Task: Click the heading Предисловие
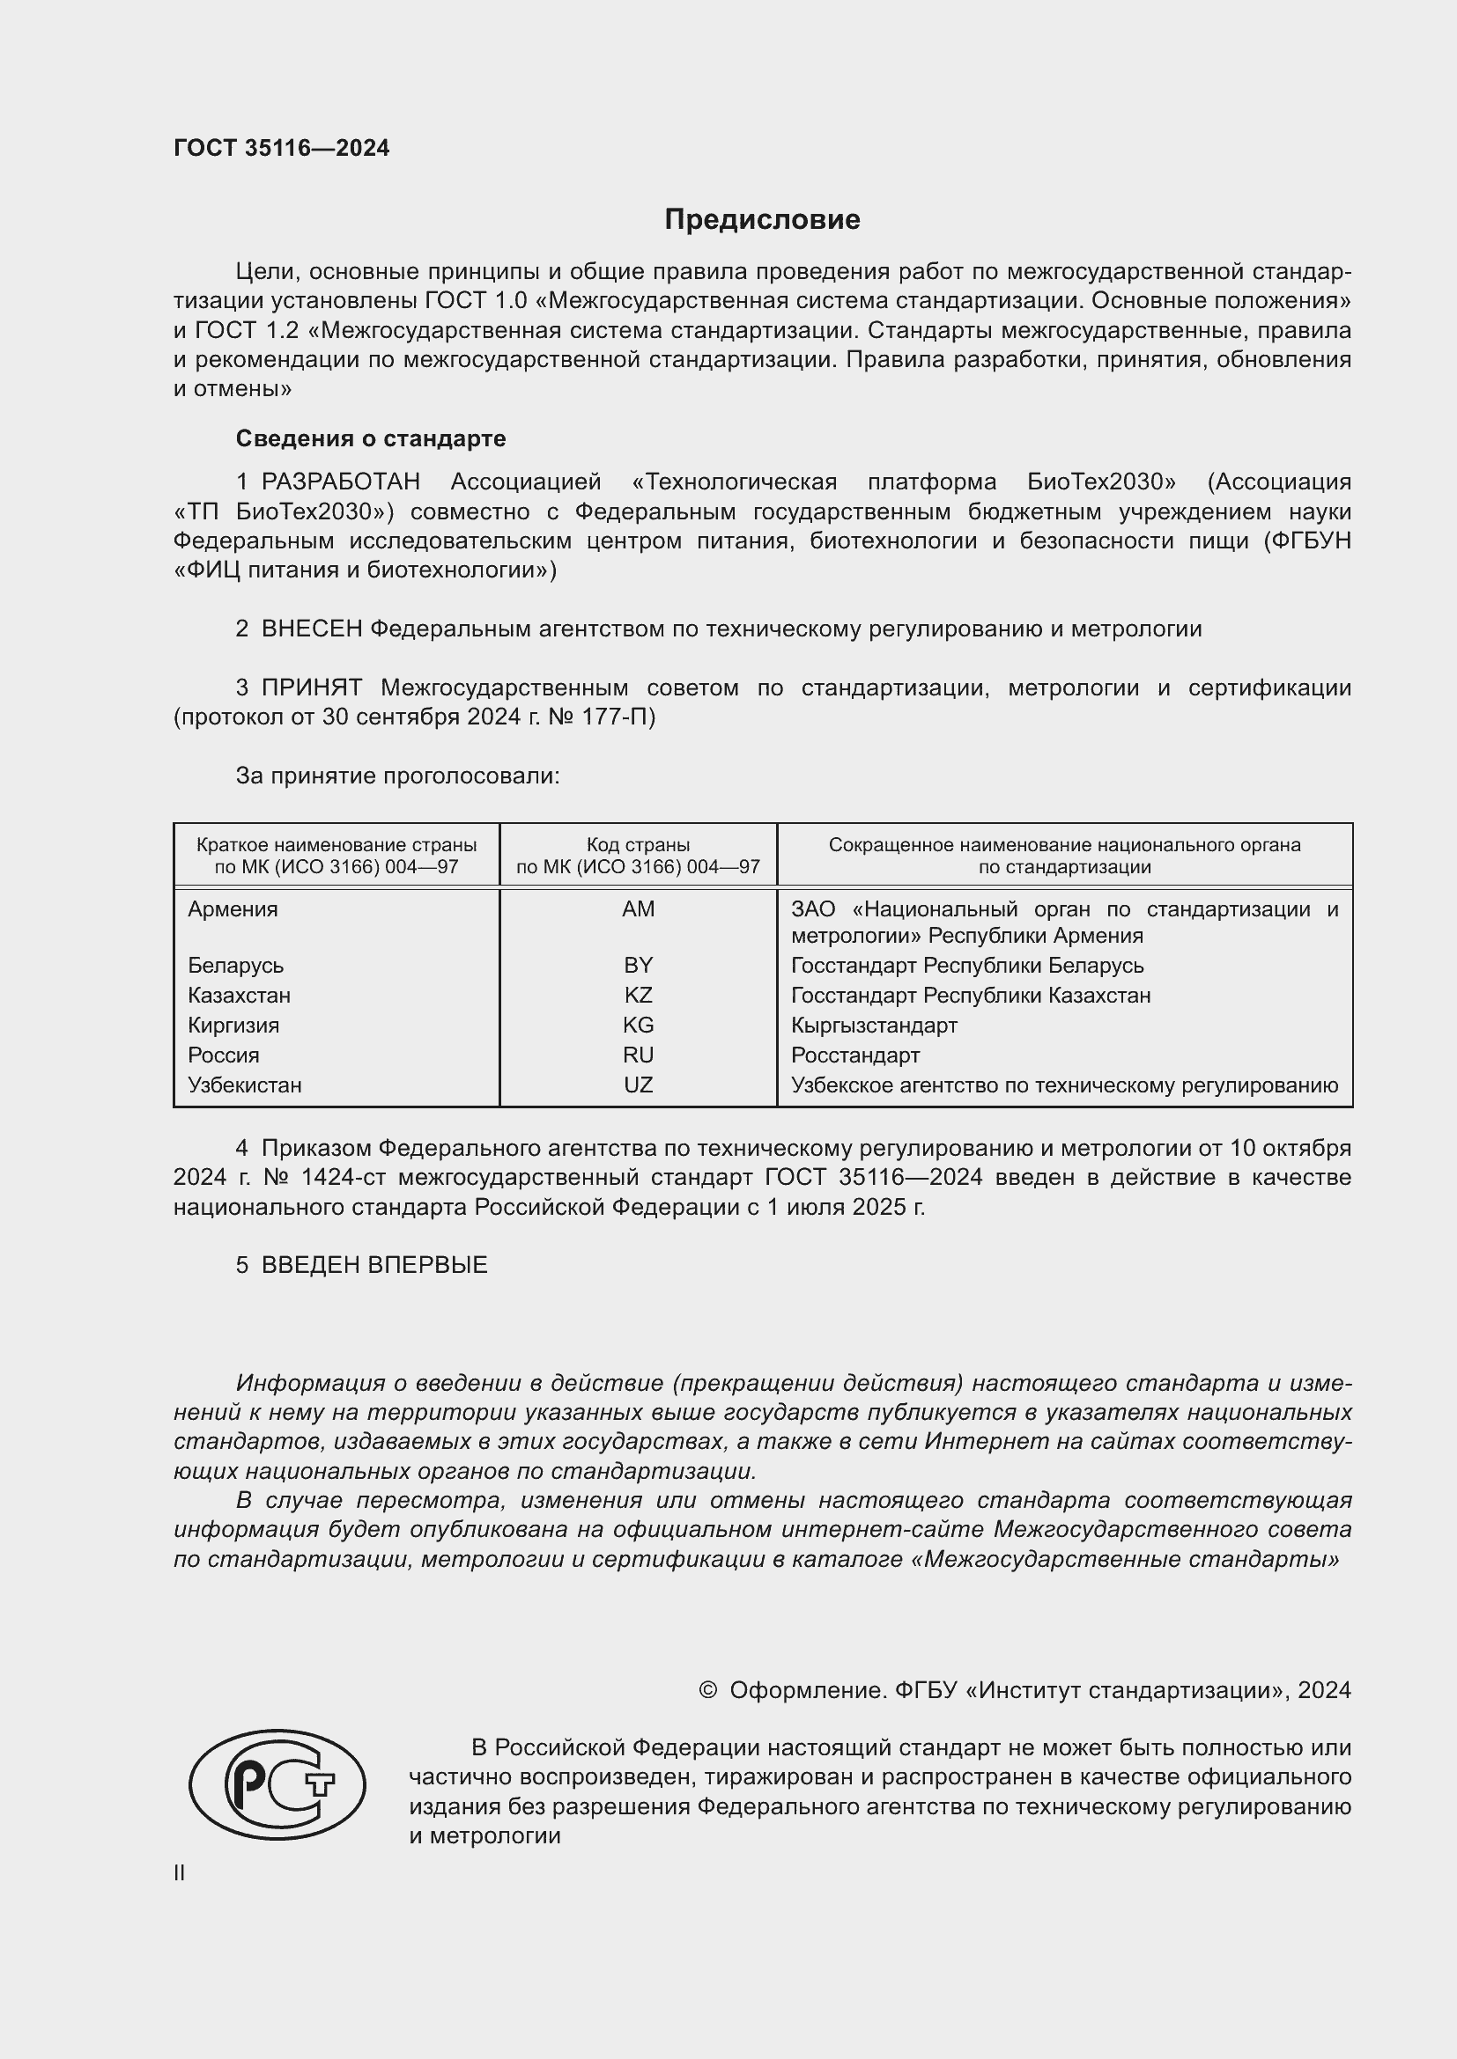click(x=762, y=220)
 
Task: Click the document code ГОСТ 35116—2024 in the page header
click(x=281, y=148)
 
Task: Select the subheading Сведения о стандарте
click(x=371, y=438)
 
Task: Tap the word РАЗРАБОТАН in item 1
click(x=340, y=482)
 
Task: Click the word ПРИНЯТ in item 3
click(x=311, y=688)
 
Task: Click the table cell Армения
click(x=233, y=909)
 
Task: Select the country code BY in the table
click(x=638, y=966)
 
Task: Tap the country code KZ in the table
click(x=638, y=996)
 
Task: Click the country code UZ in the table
click(x=638, y=1085)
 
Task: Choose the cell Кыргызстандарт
click(x=874, y=1025)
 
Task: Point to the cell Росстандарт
click(x=855, y=1055)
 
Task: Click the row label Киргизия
click(x=233, y=1025)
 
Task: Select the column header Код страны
click(x=638, y=845)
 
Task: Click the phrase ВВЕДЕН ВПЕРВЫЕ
click(x=374, y=1265)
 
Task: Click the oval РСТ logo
click(x=277, y=1784)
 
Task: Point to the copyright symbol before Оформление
click(x=707, y=1690)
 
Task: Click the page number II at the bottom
click(x=180, y=1872)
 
